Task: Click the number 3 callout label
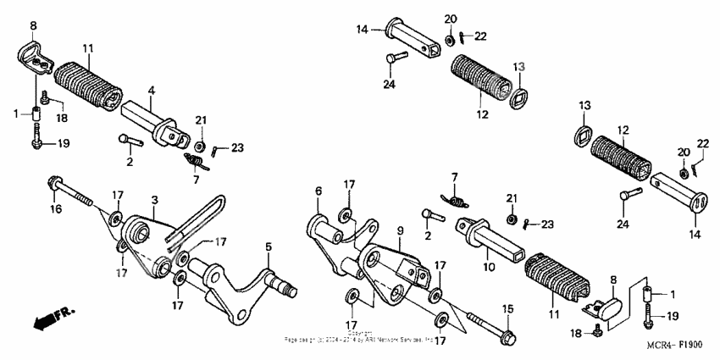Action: [x=155, y=200]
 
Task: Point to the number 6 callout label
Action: [x=319, y=191]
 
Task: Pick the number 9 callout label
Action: [x=400, y=230]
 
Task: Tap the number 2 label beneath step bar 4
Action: [x=130, y=161]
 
